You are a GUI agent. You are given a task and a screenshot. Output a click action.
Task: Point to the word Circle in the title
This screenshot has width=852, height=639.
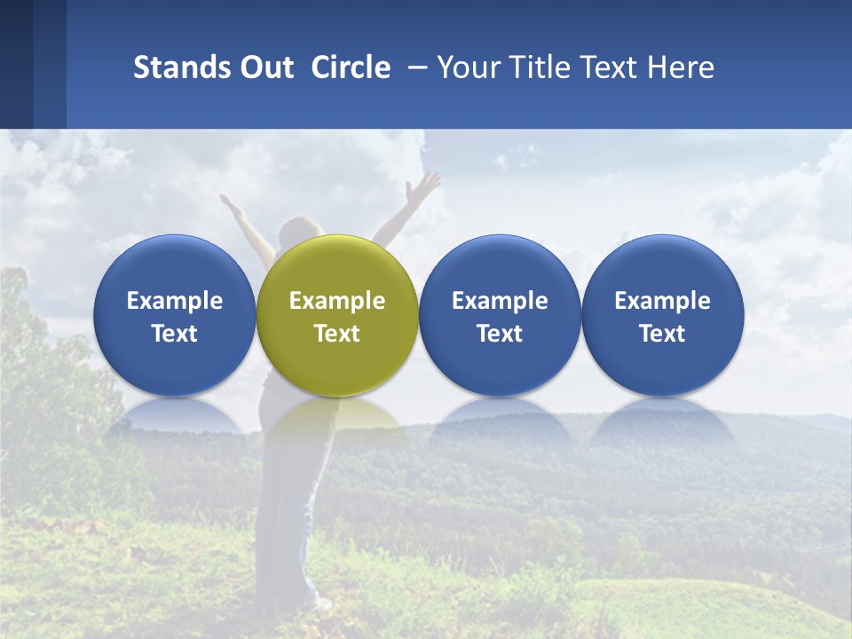click(351, 67)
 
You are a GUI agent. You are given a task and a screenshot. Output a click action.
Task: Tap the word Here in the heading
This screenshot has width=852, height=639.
click(680, 67)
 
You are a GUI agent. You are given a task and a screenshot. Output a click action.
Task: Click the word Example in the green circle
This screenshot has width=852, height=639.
click(337, 301)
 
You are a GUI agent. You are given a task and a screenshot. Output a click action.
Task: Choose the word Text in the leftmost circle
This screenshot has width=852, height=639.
click(174, 334)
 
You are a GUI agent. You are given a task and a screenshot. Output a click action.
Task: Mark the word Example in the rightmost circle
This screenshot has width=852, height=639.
click(662, 301)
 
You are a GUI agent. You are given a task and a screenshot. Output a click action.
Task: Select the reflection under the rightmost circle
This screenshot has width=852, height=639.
click(662, 417)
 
